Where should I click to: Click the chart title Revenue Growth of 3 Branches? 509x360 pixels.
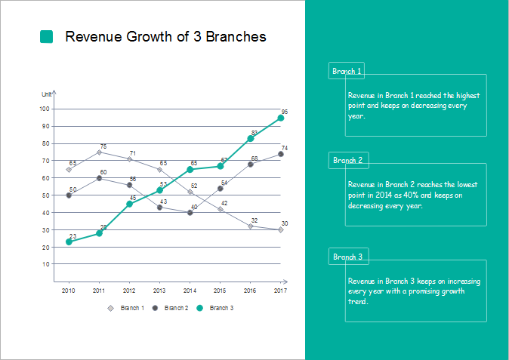(165, 37)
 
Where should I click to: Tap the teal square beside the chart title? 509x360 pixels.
(47, 37)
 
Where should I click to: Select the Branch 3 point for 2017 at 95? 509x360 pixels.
(281, 118)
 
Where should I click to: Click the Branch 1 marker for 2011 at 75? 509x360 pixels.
(99, 152)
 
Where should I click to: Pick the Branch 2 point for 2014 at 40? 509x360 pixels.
(190, 213)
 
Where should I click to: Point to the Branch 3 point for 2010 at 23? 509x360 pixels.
(69, 242)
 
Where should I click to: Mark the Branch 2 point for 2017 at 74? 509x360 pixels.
(281, 154)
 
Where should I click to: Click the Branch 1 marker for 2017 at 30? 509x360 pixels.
(281, 229)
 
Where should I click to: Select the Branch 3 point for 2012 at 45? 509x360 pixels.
(129, 204)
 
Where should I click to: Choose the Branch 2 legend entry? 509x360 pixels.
(171, 308)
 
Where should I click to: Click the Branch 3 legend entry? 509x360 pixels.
(215, 308)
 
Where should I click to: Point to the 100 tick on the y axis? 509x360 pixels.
(45, 109)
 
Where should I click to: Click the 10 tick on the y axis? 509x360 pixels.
(46, 264)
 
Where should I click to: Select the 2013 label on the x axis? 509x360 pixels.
(159, 291)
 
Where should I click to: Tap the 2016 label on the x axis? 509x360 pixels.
(250, 291)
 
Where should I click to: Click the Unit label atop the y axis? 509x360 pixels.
(46, 94)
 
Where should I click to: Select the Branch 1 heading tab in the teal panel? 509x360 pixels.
(347, 72)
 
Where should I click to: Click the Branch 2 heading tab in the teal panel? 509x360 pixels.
(348, 160)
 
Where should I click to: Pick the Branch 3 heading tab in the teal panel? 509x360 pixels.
(348, 257)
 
